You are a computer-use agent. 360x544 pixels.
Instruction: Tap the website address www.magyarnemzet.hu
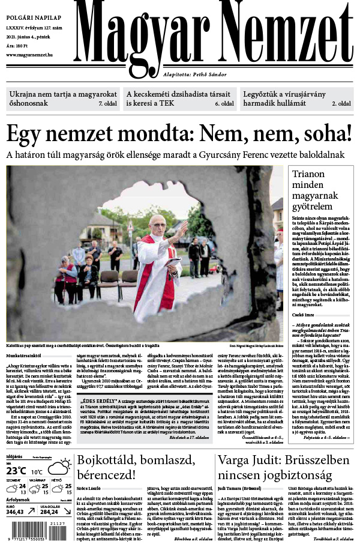30,55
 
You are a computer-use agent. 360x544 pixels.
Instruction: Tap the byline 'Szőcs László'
89,488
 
